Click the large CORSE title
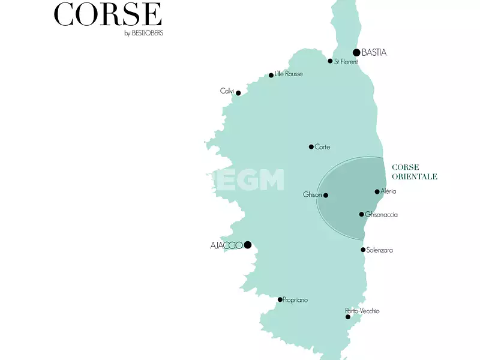[108, 14]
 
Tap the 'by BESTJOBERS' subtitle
[143, 33]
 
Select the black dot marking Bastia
[356, 52]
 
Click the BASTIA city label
[374, 53]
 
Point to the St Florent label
[346, 62]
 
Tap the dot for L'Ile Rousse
[271, 75]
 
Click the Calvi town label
[227, 91]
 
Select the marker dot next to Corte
[311, 146]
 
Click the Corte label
[322, 147]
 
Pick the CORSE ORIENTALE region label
[414, 172]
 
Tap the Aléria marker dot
[377, 192]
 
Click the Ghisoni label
[313, 195]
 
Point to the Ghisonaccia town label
[382, 215]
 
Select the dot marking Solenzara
[363, 250]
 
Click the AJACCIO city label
[226, 245]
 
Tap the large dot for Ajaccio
[247, 244]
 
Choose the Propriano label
[296, 300]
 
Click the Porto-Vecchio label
[362, 311]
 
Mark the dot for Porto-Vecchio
[348, 317]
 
